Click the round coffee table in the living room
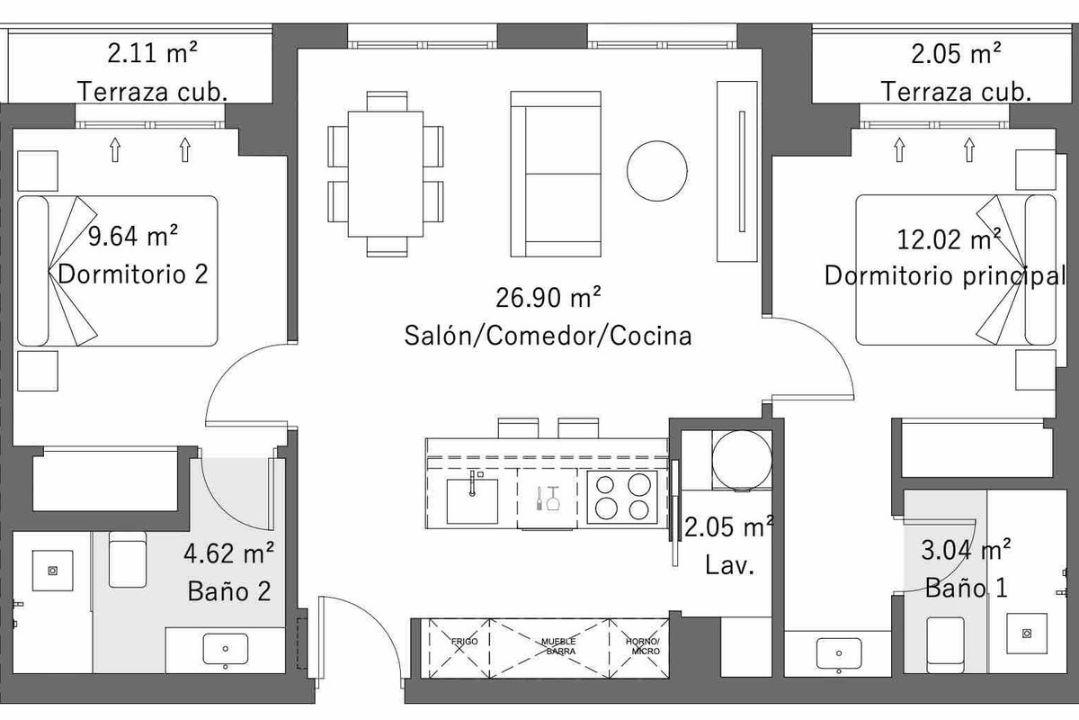(x=657, y=171)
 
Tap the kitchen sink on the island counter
(x=472, y=501)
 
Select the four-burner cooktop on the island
(x=622, y=497)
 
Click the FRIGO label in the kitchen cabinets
(x=464, y=642)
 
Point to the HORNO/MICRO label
(x=643, y=646)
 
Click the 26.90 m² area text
(x=548, y=298)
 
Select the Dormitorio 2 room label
(x=133, y=274)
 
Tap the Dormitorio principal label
(x=945, y=275)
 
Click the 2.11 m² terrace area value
(x=152, y=52)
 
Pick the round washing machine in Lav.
(x=742, y=460)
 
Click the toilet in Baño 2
(x=127, y=560)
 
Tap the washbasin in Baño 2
(x=226, y=650)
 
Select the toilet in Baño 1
(x=945, y=644)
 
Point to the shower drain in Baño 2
(x=52, y=571)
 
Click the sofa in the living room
(x=556, y=174)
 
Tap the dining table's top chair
(x=387, y=102)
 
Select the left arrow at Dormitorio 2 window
(x=115, y=149)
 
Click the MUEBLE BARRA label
(x=558, y=646)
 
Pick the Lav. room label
(x=729, y=564)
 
